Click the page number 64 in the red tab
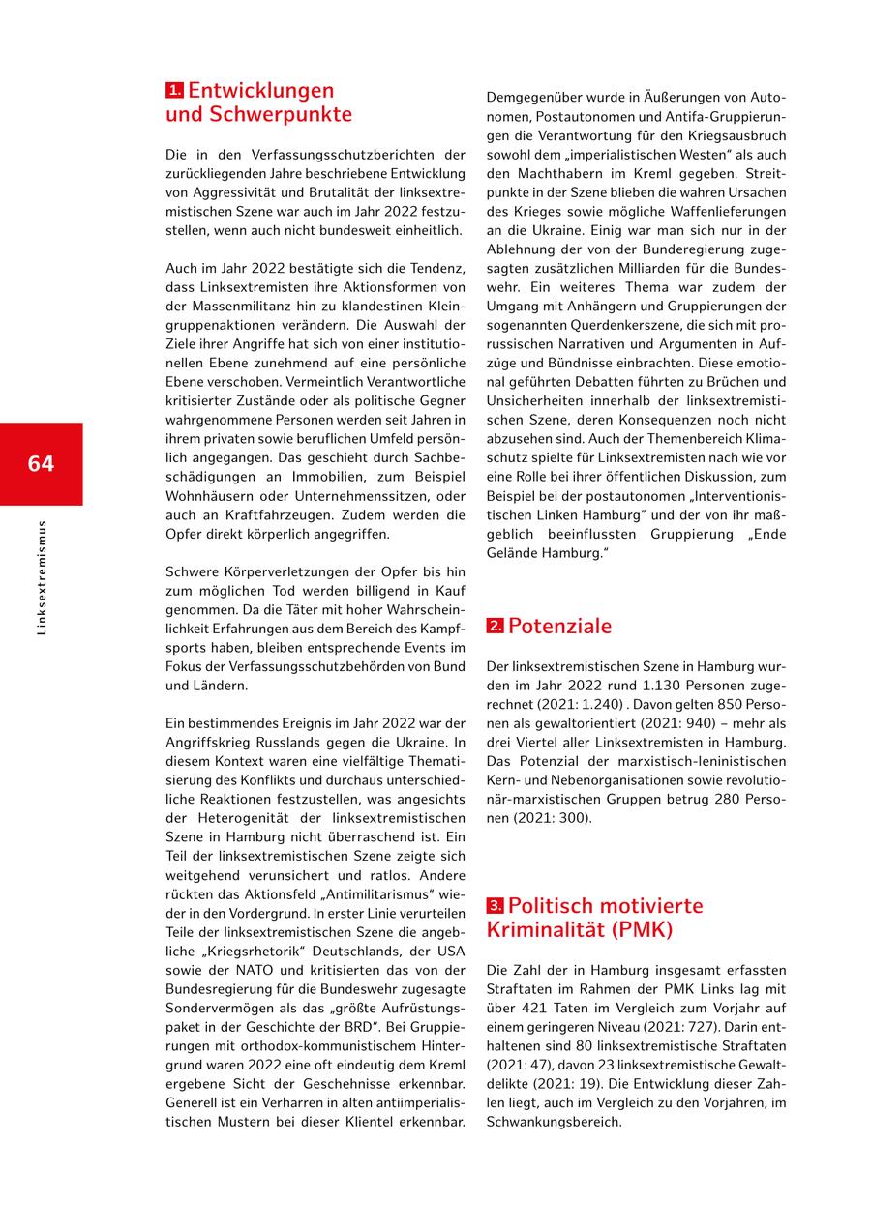41,463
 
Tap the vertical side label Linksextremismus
41,578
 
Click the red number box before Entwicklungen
174,91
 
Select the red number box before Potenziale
495,627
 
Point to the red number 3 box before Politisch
495,906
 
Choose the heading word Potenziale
559,626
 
